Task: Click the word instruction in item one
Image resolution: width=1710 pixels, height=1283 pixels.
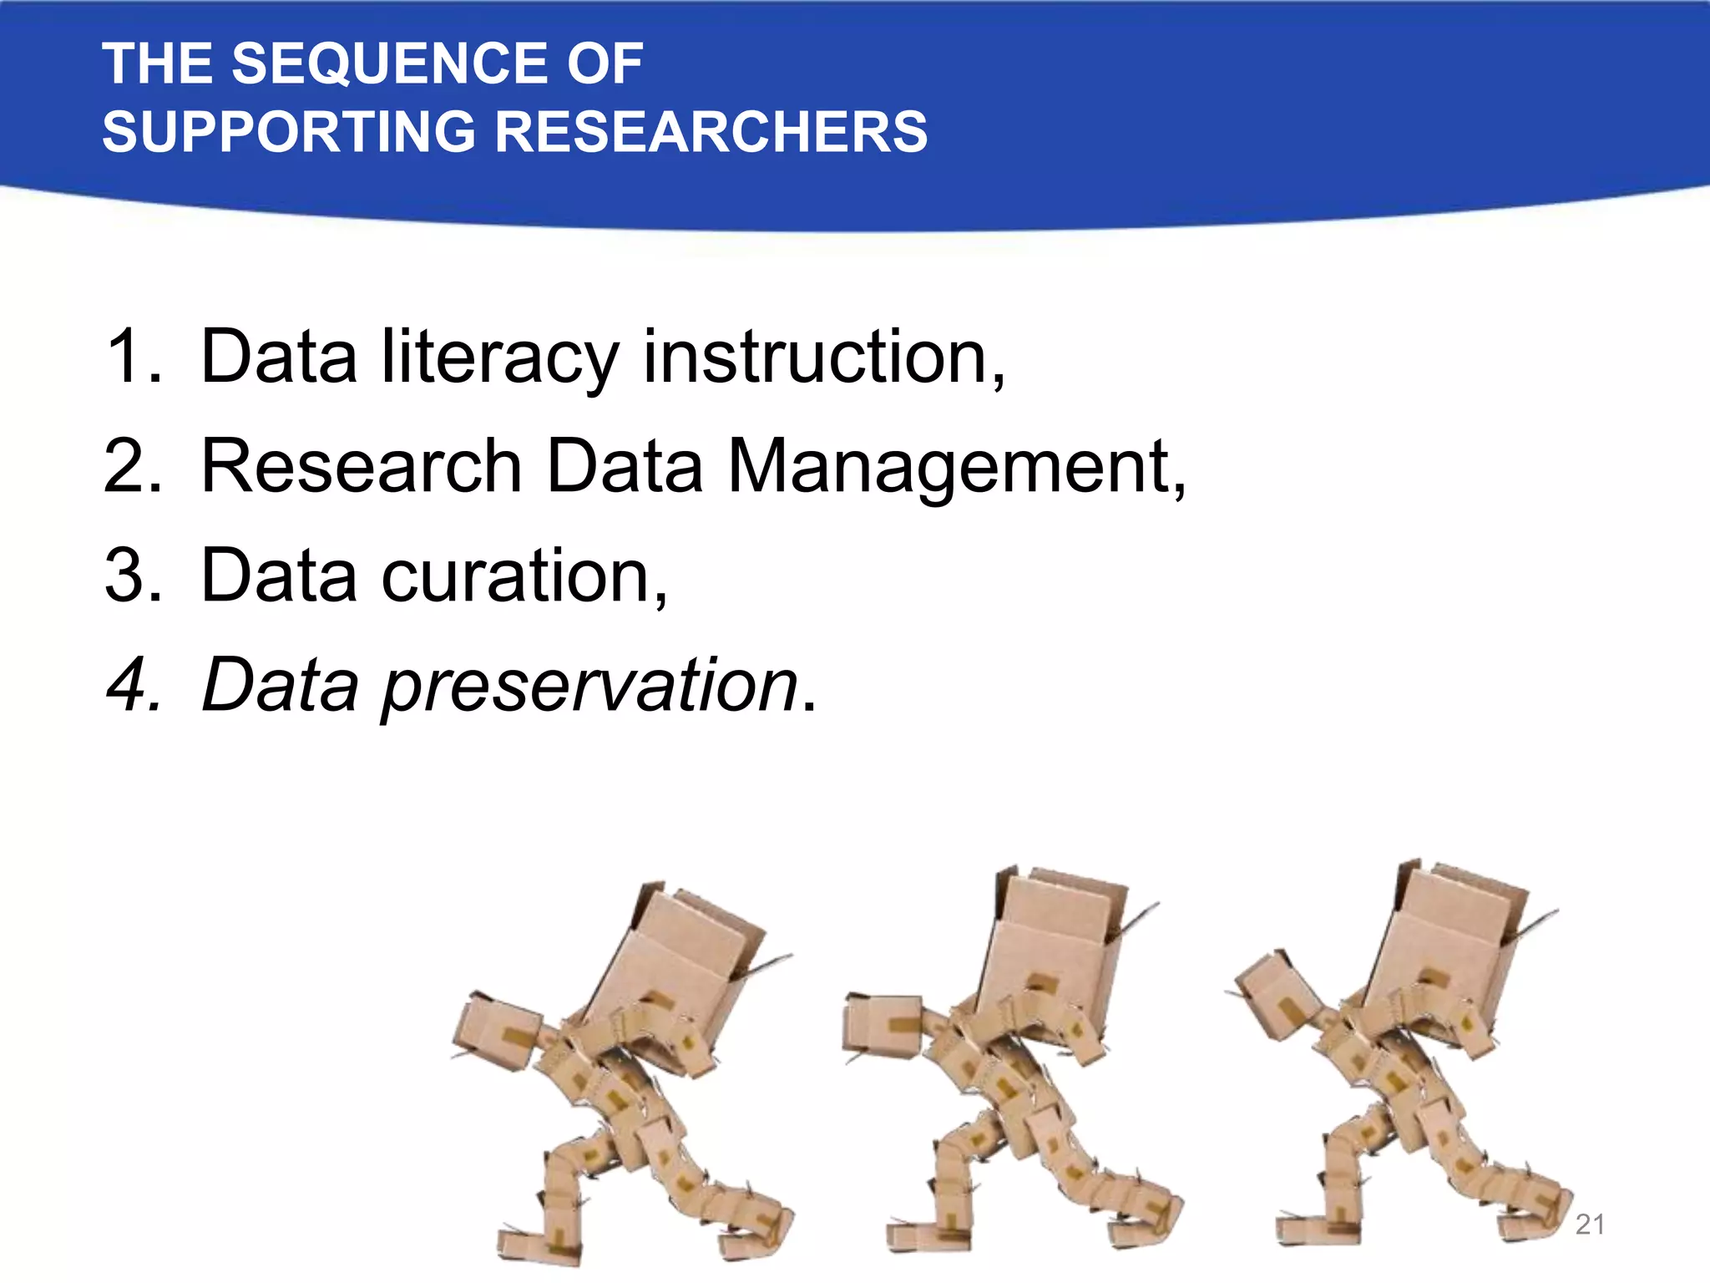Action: (819, 357)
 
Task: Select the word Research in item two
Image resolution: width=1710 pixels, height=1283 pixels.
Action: (362, 466)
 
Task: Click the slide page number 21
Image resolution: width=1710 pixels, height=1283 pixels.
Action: (1590, 1225)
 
